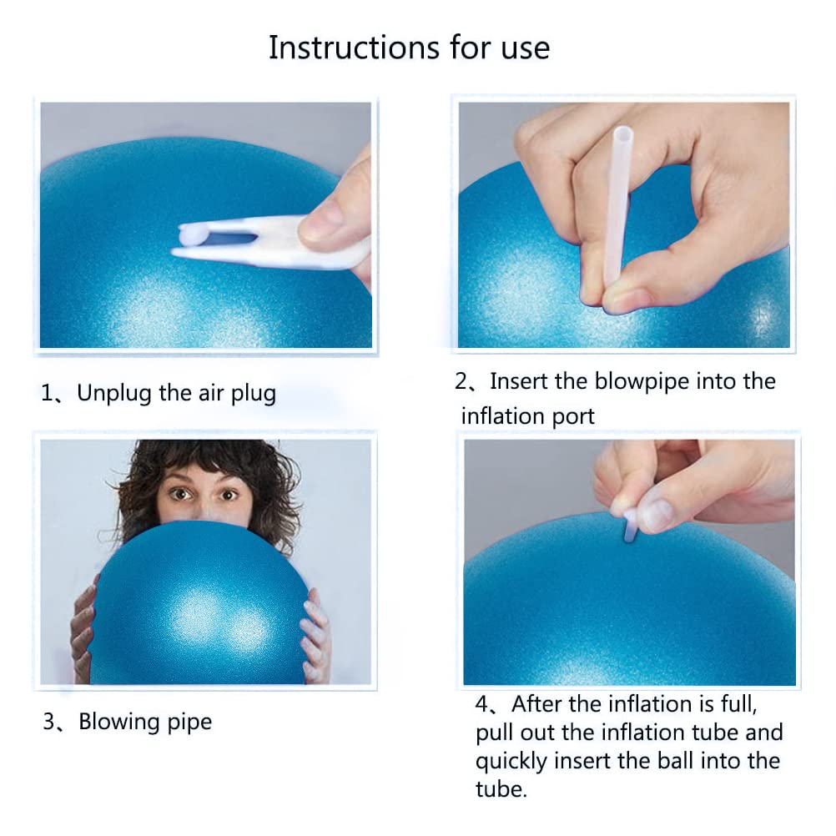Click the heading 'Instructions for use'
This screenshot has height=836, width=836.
pos(409,48)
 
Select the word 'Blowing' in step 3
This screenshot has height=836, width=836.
pos(119,722)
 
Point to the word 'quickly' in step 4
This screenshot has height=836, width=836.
pos(511,762)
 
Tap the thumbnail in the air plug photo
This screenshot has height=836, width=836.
pos(320,221)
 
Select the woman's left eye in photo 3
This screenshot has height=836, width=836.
pos(229,496)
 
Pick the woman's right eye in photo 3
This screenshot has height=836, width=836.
pos(181,494)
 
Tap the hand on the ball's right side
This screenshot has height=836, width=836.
pos(317,634)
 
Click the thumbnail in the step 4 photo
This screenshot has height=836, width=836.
pos(657,515)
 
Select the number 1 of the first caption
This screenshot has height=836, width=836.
pos(47,394)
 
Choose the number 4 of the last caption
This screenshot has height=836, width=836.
pos(482,705)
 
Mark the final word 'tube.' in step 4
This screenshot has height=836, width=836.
pos(501,789)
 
